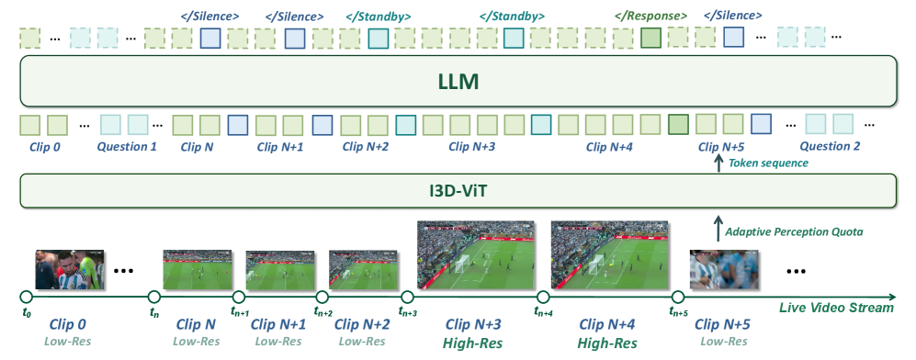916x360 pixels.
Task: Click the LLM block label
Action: [x=458, y=81]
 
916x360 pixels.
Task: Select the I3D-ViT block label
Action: [x=458, y=190]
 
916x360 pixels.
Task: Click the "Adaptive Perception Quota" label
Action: [x=793, y=232]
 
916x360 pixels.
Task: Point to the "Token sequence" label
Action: [x=768, y=163]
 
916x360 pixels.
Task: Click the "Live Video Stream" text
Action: [x=837, y=308]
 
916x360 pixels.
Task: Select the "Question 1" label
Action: [x=127, y=146]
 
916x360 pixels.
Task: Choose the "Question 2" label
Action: [x=830, y=146]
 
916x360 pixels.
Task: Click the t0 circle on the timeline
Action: [x=26, y=297]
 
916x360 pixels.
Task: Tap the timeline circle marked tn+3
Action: [x=407, y=297]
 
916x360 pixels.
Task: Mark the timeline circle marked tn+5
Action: [x=678, y=297]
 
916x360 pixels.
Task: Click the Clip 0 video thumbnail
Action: [x=70, y=270]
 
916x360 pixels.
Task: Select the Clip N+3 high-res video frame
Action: [x=476, y=255]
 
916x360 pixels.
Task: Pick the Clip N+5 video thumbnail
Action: [x=724, y=270]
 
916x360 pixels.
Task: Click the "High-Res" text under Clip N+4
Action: [x=607, y=343]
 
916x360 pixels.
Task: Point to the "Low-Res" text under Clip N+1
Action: [x=278, y=341]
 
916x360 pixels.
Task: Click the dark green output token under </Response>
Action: [x=650, y=38]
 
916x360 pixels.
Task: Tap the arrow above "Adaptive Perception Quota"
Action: [x=718, y=228]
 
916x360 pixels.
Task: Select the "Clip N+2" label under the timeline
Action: [x=362, y=324]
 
